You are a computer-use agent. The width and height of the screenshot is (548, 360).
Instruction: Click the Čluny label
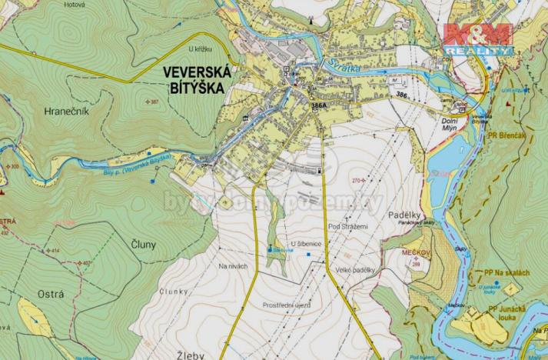tap(144, 245)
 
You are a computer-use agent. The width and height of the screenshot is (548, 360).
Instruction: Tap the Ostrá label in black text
tap(51, 295)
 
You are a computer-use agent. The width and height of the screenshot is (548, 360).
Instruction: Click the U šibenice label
tap(305, 244)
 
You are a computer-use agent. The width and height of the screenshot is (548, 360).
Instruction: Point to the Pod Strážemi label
tap(348, 226)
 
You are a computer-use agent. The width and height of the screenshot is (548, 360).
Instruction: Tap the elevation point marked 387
tap(154, 102)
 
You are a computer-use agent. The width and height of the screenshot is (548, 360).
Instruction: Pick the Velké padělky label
tap(355, 270)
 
